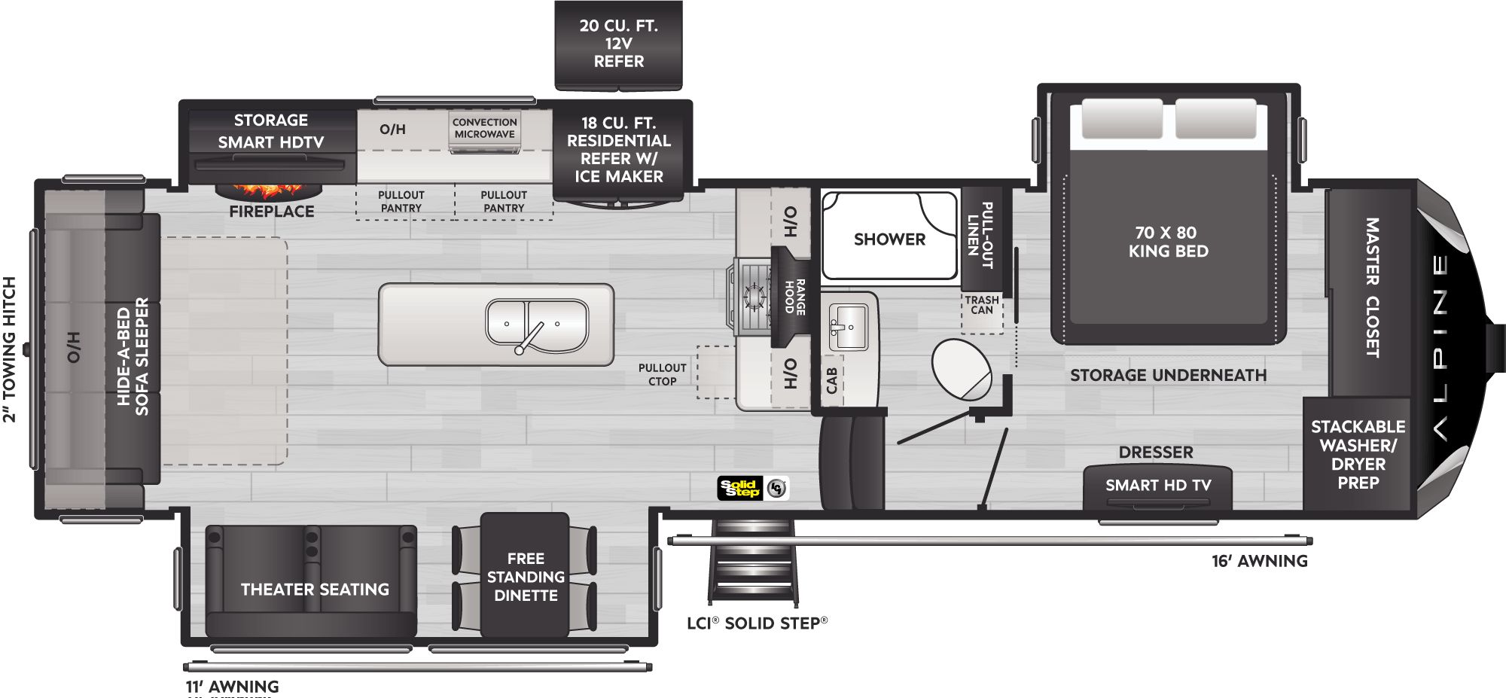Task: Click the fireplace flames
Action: pyautogui.click(x=270, y=189)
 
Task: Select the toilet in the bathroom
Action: pyautogui.click(x=961, y=369)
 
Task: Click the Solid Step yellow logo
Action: pyautogui.click(x=741, y=489)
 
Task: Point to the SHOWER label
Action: pyautogui.click(x=889, y=239)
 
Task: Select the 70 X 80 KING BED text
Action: pyautogui.click(x=1168, y=242)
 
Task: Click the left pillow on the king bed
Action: pyautogui.click(x=1120, y=119)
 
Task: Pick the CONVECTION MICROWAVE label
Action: pyautogui.click(x=484, y=128)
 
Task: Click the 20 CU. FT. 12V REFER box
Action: pyautogui.click(x=618, y=44)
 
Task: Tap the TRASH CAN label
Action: pyautogui.click(x=982, y=305)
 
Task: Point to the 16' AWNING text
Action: pyautogui.click(x=1259, y=561)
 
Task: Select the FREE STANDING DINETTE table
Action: pyautogui.click(x=525, y=576)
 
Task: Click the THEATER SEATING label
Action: pyautogui.click(x=315, y=590)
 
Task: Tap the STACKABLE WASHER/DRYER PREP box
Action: pyautogui.click(x=1358, y=454)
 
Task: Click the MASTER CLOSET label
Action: pyautogui.click(x=1372, y=288)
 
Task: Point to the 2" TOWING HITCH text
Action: pyautogui.click(x=9, y=349)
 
